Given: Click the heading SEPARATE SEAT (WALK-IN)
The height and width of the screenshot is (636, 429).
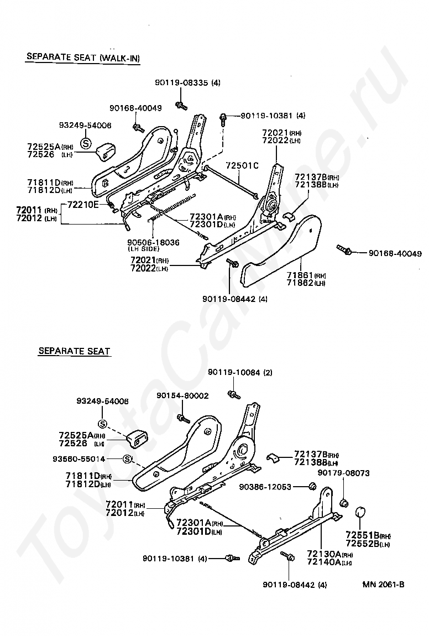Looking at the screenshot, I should pyautogui.click(x=83, y=58).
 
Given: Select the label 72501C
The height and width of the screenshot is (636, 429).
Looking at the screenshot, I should pyautogui.click(x=242, y=165).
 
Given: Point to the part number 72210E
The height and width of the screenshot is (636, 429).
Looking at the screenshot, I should pyautogui.click(x=83, y=205).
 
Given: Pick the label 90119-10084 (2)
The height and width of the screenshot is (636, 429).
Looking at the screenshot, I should pyautogui.click(x=240, y=372).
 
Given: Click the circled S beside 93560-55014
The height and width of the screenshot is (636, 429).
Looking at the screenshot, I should pyautogui.click(x=127, y=459).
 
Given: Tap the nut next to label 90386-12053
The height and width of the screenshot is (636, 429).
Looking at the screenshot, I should pyautogui.click(x=312, y=486).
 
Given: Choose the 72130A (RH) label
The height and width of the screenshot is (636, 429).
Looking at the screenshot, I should pyautogui.click(x=326, y=555).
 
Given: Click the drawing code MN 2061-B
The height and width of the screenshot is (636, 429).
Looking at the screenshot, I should pyautogui.click(x=384, y=585).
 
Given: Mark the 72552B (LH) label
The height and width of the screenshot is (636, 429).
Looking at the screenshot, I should pyautogui.click(x=368, y=544).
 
